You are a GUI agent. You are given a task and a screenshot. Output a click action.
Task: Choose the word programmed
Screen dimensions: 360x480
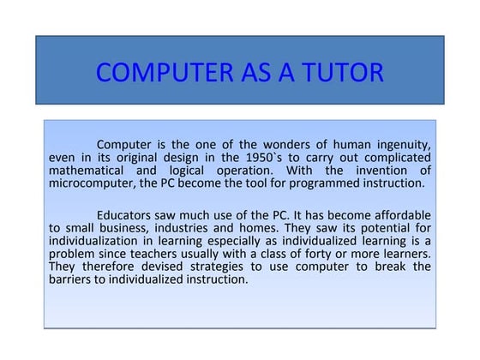tap(323, 183)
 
